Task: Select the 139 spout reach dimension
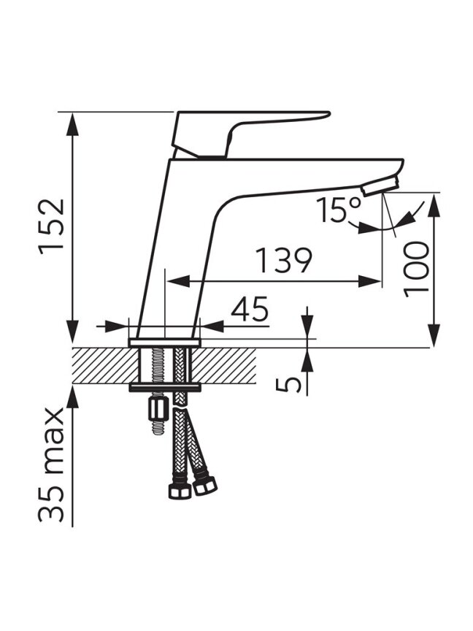click(284, 261)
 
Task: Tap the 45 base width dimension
click(250, 309)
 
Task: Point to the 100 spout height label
click(416, 269)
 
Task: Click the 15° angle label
click(339, 210)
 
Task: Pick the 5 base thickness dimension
click(288, 384)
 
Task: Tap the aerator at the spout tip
click(380, 187)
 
